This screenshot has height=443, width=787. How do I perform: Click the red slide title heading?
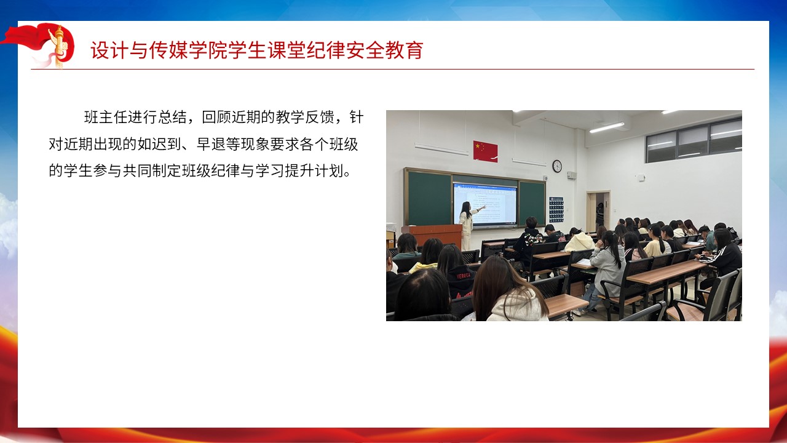[x=257, y=50]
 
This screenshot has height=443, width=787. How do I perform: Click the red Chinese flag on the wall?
[x=485, y=151]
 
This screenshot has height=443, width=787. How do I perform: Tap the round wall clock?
[x=557, y=166]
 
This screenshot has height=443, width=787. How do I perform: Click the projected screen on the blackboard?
[x=485, y=204]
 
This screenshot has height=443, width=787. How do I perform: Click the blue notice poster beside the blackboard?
[x=556, y=210]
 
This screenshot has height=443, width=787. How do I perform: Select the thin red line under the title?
[x=392, y=70]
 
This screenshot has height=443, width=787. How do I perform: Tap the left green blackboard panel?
[x=429, y=198]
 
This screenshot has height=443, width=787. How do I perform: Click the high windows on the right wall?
[x=694, y=140]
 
